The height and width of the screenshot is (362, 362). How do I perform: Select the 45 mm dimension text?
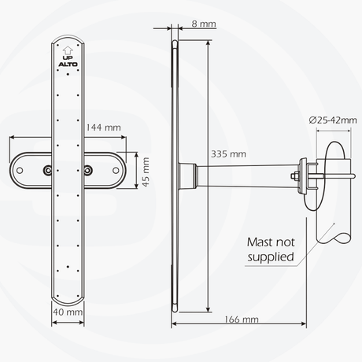pos(145,170)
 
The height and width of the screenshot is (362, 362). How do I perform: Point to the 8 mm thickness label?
pos(204,24)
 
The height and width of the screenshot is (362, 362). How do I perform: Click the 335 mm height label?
pos(228,153)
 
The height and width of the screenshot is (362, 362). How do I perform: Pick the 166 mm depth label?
pos(241,320)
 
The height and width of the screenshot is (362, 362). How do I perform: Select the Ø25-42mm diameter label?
pos(333,120)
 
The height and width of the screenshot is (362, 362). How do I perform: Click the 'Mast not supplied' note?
pos(270,249)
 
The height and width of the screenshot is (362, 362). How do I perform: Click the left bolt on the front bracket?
pos(49,170)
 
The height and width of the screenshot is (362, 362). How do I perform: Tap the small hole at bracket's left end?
pos(16,170)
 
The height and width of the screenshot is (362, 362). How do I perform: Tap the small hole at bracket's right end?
pos(118,170)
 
